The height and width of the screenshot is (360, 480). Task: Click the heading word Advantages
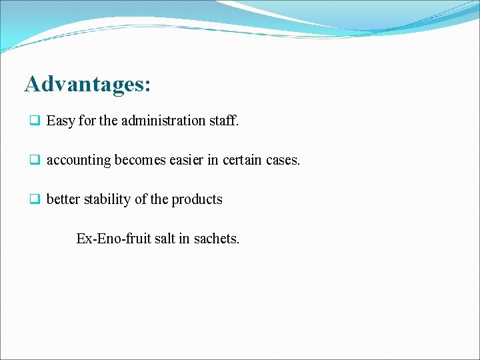click(84, 85)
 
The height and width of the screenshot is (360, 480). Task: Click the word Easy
click(61, 121)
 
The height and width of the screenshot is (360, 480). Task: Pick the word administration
click(153, 121)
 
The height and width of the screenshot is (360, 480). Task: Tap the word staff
click(224, 121)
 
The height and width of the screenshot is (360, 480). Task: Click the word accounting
click(79, 161)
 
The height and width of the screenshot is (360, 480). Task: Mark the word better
click(63, 199)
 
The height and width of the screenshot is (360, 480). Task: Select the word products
click(197, 200)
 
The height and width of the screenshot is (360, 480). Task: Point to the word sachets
click(216, 238)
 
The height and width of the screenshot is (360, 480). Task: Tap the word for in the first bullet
click(87, 121)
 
